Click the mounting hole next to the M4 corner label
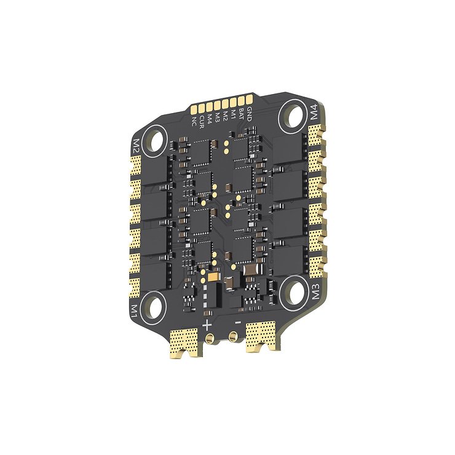pyautogui.click(x=293, y=115)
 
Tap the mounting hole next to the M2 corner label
pyautogui.click(x=156, y=140)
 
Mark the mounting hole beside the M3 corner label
pyautogui.click(x=295, y=288)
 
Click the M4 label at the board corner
pyautogui.click(x=314, y=114)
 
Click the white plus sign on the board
pyautogui.click(x=207, y=324)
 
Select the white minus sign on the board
pyautogui.click(x=237, y=321)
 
